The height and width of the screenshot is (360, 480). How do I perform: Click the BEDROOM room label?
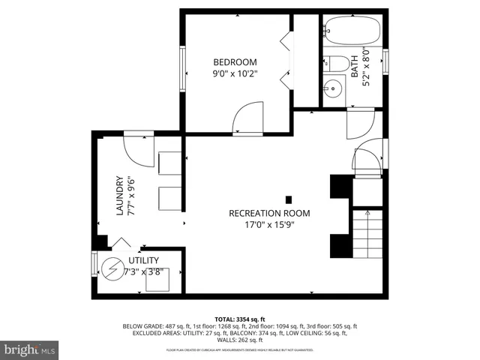click(x=235, y=62)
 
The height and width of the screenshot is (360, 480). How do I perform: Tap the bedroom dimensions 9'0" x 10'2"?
click(x=235, y=74)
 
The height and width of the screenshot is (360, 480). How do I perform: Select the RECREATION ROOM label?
click(x=269, y=213)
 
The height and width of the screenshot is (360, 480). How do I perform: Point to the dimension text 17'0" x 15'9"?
click(x=269, y=224)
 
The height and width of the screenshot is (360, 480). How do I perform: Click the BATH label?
click(x=355, y=64)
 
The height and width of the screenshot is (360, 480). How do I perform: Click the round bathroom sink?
click(x=333, y=90)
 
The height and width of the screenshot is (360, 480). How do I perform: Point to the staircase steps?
click(x=367, y=233)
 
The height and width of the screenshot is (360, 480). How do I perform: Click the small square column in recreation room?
click(x=289, y=199)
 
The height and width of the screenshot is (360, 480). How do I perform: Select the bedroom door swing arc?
click(x=247, y=118)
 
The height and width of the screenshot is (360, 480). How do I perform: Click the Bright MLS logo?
click(x=30, y=349)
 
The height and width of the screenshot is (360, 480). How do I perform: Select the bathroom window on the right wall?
click(x=386, y=61)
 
